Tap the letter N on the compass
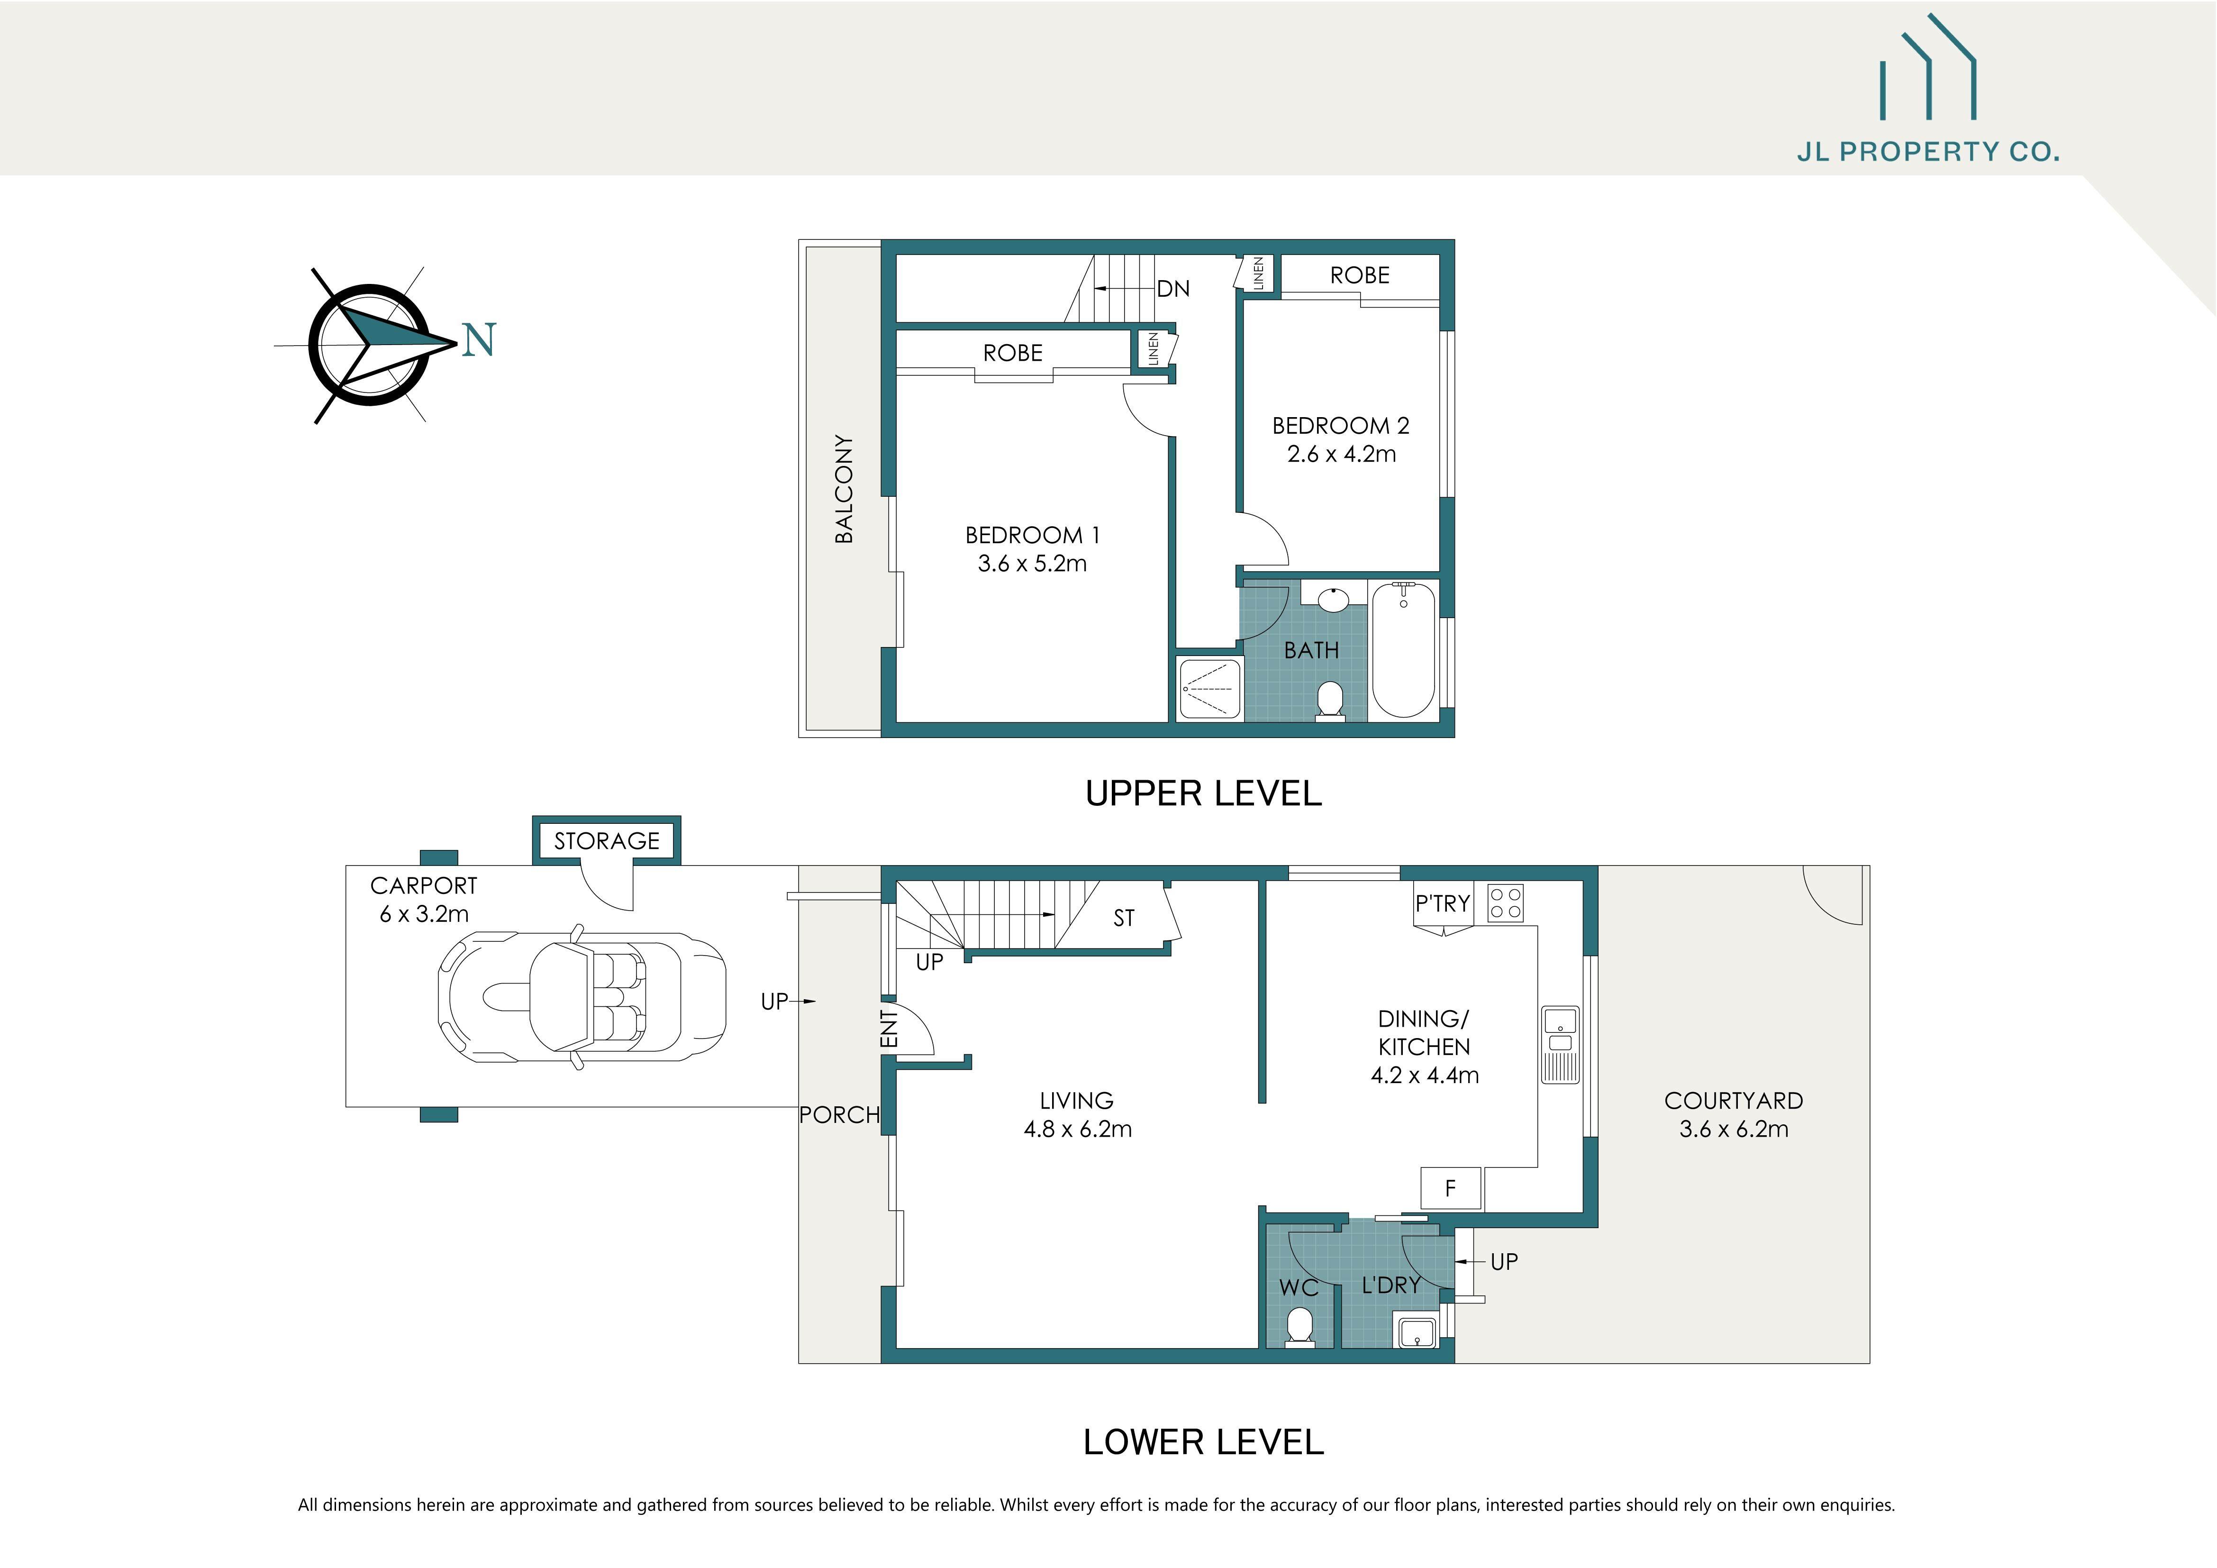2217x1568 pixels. click(479, 340)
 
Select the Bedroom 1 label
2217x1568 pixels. click(1032, 535)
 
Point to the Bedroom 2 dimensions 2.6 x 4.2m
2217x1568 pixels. click(1341, 454)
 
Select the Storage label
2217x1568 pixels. click(607, 841)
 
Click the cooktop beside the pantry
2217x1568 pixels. click(1504, 903)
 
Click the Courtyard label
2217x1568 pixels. click(1733, 1101)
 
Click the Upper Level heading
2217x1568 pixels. click(1203, 793)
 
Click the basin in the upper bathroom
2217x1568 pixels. click(1334, 599)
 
